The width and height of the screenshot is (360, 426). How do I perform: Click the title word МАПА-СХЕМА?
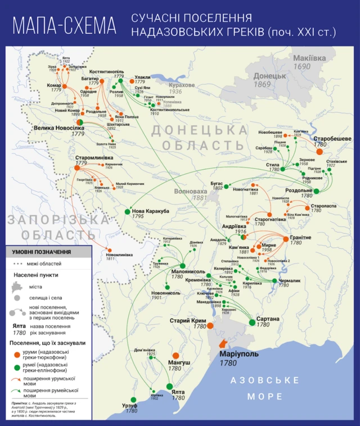click(65, 26)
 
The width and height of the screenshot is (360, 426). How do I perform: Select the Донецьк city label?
click(270, 76)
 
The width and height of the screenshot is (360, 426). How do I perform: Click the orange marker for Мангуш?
click(175, 356)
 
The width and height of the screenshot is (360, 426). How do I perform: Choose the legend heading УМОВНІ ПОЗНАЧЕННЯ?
click(42, 253)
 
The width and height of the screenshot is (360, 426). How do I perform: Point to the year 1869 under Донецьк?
click(263, 84)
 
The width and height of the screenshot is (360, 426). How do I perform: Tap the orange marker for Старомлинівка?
click(78, 167)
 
